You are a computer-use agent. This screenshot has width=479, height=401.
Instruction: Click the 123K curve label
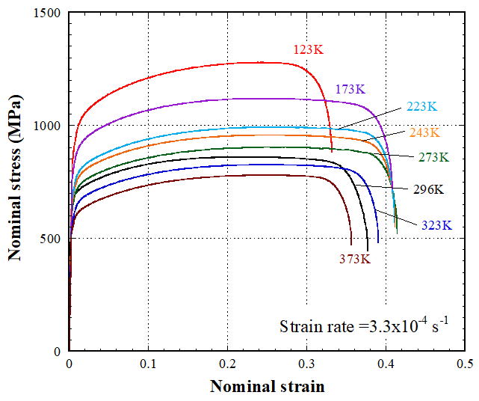(x=308, y=51)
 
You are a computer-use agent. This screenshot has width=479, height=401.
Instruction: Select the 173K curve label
(x=350, y=91)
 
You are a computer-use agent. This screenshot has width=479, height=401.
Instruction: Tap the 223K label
(x=421, y=106)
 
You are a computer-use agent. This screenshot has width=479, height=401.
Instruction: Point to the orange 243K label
(x=424, y=132)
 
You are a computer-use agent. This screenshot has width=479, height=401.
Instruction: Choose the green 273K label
(x=433, y=157)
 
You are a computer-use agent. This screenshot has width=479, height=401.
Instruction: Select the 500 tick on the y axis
(x=51, y=239)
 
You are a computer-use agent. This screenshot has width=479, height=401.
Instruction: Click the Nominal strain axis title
(x=268, y=387)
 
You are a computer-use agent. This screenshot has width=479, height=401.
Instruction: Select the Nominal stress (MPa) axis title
(x=15, y=183)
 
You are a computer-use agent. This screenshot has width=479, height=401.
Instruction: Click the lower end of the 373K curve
(x=351, y=244)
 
